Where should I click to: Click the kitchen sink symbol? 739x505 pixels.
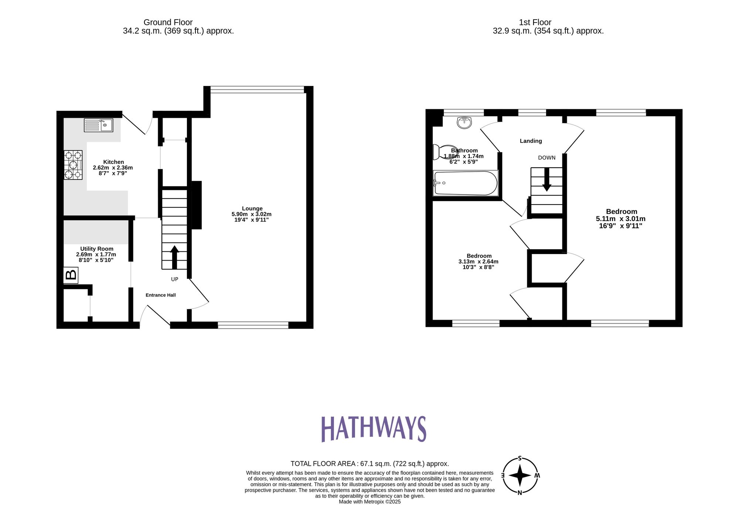tap(98, 125)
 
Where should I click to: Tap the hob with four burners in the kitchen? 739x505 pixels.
tap(73, 165)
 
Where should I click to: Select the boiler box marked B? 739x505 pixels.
tap(71, 275)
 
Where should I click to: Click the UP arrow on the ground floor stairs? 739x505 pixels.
tap(174, 257)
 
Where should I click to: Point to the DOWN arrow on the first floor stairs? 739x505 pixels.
tap(546, 180)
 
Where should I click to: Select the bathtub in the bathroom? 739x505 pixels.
tap(466, 183)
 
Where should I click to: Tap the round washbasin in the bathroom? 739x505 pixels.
tap(464, 122)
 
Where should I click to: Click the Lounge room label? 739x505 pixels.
tap(252, 209)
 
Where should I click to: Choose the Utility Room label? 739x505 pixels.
tap(97, 249)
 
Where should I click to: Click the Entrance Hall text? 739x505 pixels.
tap(160, 295)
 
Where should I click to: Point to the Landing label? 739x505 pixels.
tap(531, 141)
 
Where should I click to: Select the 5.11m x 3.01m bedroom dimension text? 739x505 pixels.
tap(620, 219)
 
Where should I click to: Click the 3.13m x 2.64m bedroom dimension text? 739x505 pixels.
tap(478, 261)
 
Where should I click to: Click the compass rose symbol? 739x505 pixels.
tap(520, 475)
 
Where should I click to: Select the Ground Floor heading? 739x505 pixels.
tap(168, 23)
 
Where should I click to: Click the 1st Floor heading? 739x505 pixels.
tap(535, 23)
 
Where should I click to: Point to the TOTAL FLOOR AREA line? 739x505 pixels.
tap(369, 464)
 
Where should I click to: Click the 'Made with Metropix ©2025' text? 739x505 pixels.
tap(369, 502)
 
